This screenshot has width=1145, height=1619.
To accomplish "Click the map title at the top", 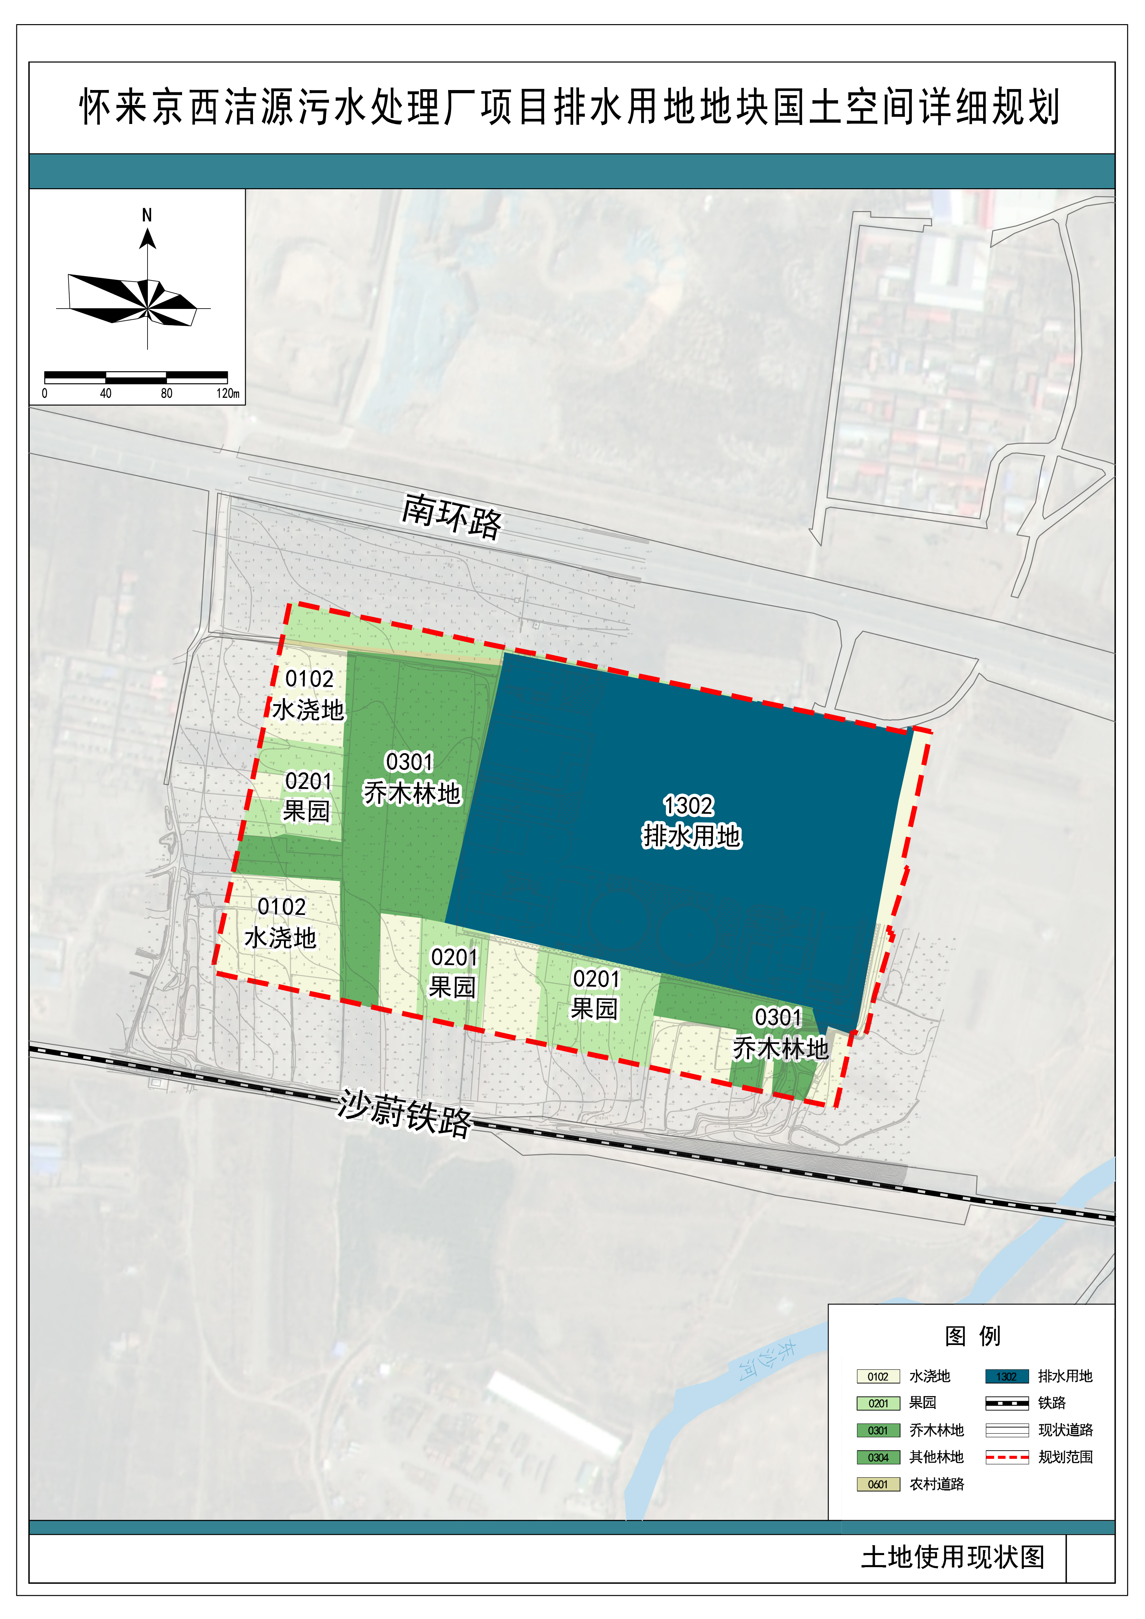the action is pos(570,107).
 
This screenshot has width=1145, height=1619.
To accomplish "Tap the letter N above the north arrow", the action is pos(147,215).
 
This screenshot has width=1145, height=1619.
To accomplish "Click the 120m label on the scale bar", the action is pos(227,393).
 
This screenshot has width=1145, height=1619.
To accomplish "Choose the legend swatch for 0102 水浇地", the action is pos(878,1376).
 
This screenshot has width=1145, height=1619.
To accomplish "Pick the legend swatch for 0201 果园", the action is pos(878,1403).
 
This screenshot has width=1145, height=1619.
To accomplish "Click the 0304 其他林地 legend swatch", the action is pos(878,1457).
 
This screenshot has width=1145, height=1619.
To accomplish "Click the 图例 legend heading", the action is pos(972,1336).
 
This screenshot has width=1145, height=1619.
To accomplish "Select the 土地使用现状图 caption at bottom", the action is pos(952,1556).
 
